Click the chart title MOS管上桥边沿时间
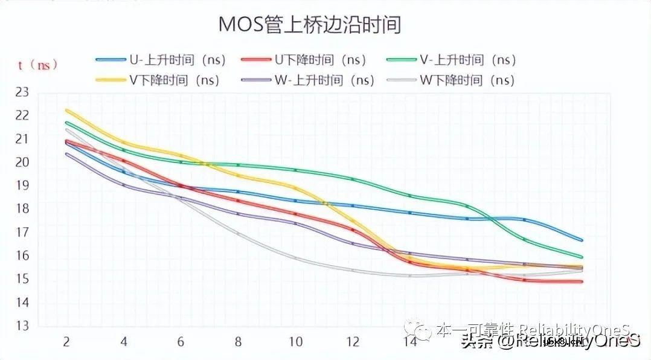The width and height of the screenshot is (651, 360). pos(309,25)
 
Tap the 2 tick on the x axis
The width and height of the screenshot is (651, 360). pos(66,342)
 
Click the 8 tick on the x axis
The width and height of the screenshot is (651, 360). pos(238,342)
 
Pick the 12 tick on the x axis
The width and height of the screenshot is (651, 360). pos(353,342)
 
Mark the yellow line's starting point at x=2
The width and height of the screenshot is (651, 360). pos(66,111)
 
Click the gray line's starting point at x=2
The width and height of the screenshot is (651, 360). pos(66,129)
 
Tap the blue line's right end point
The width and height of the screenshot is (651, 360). pos(582,240)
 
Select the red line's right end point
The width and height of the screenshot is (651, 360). pos(582,281)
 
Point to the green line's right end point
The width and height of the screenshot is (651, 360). pos(582,257)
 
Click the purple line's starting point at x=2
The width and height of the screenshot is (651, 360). pos(66,153)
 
